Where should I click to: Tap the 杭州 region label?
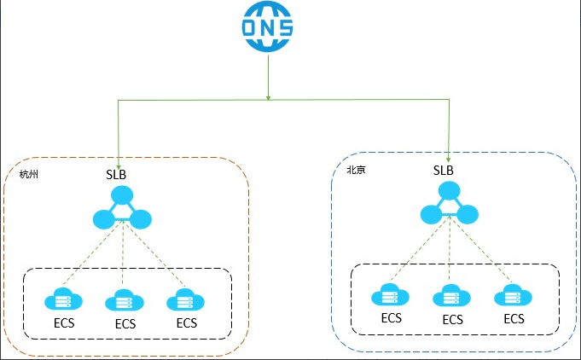[29, 175]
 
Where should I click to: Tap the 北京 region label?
[356, 170]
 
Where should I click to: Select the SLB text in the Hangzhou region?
[117, 174]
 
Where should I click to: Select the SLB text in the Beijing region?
[444, 170]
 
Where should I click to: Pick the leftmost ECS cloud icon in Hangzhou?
[62, 299]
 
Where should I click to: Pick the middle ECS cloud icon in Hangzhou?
[124, 300]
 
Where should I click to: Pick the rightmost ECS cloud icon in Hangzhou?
[185, 299]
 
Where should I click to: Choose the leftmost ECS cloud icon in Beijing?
[390, 296]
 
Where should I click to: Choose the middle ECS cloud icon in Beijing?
[451, 297]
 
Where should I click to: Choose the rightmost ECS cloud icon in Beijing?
[513, 296]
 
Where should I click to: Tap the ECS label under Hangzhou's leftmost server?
[64, 323]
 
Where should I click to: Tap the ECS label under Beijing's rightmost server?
[514, 319]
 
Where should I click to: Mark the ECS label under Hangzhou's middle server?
[125, 324]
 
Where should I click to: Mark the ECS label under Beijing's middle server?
[452, 320]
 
